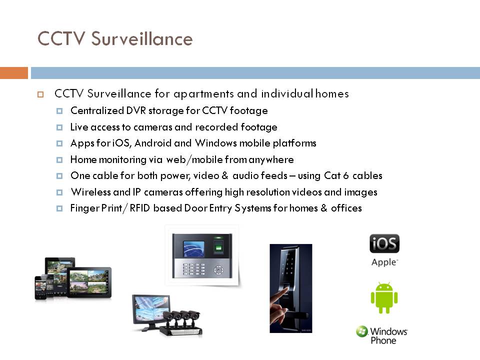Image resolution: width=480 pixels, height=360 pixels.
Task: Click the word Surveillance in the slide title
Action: point(142,39)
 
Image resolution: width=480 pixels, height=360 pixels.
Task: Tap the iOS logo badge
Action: point(384,243)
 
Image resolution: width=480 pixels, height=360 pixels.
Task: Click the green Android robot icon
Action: point(384,297)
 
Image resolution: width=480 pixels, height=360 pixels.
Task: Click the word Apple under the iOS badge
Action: point(384,262)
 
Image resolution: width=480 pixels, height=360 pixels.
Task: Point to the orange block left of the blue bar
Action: point(14,73)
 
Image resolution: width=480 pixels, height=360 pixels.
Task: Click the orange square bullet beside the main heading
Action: point(40,94)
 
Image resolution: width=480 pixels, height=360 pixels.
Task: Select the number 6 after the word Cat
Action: point(346,175)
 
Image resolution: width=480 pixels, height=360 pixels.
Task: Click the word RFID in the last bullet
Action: point(139,208)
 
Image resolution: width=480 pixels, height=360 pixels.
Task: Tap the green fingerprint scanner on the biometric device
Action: point(218,245)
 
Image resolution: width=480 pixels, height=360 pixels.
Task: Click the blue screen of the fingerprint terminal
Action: point(193,248)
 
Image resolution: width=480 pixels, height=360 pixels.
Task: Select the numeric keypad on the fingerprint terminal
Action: point(194,269)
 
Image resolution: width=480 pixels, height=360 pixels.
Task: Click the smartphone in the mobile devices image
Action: point(40,287)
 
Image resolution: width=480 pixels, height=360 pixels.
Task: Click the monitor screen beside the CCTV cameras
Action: point(151,308)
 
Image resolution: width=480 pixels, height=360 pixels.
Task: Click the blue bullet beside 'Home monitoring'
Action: point(59,160)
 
